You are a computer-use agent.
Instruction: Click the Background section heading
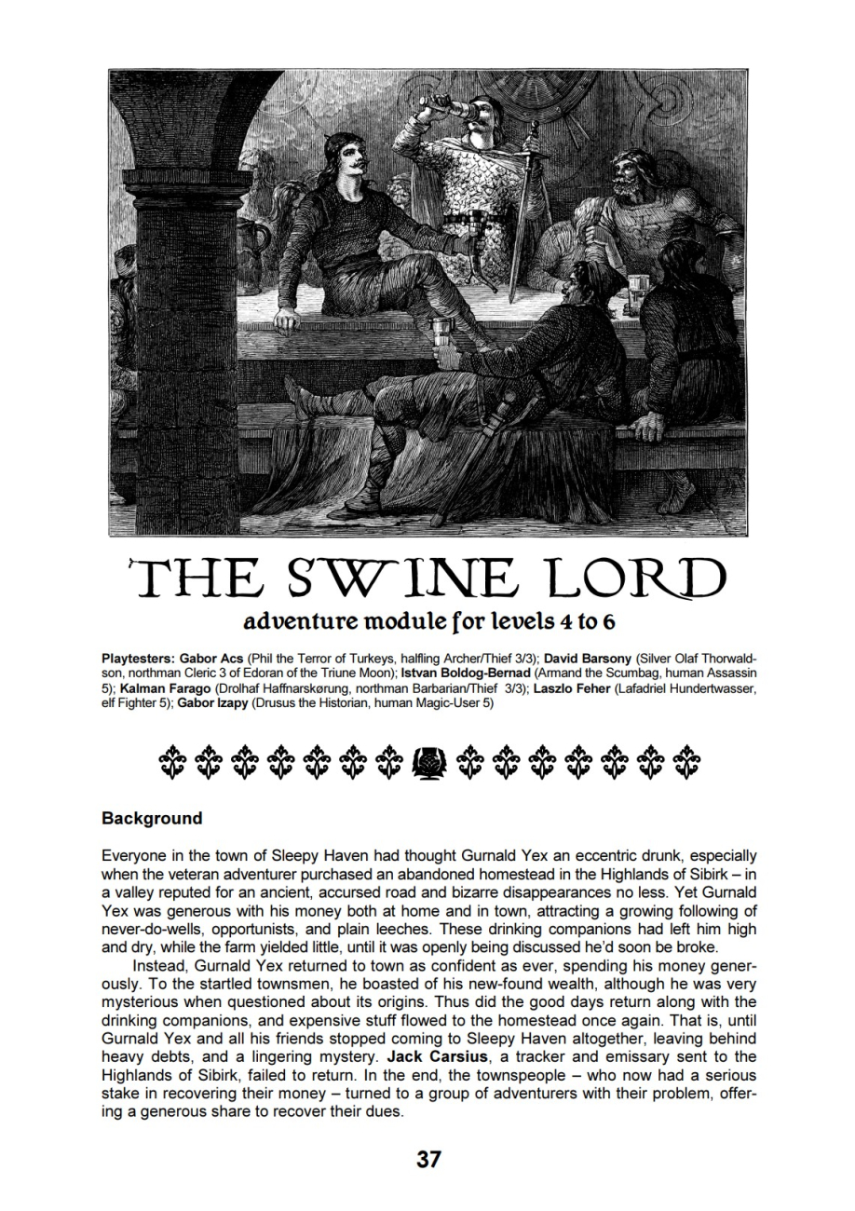pos(152,818)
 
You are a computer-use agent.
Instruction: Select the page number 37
pos(427,1160)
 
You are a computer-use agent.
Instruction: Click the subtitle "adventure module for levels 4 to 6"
pos(427,621)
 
